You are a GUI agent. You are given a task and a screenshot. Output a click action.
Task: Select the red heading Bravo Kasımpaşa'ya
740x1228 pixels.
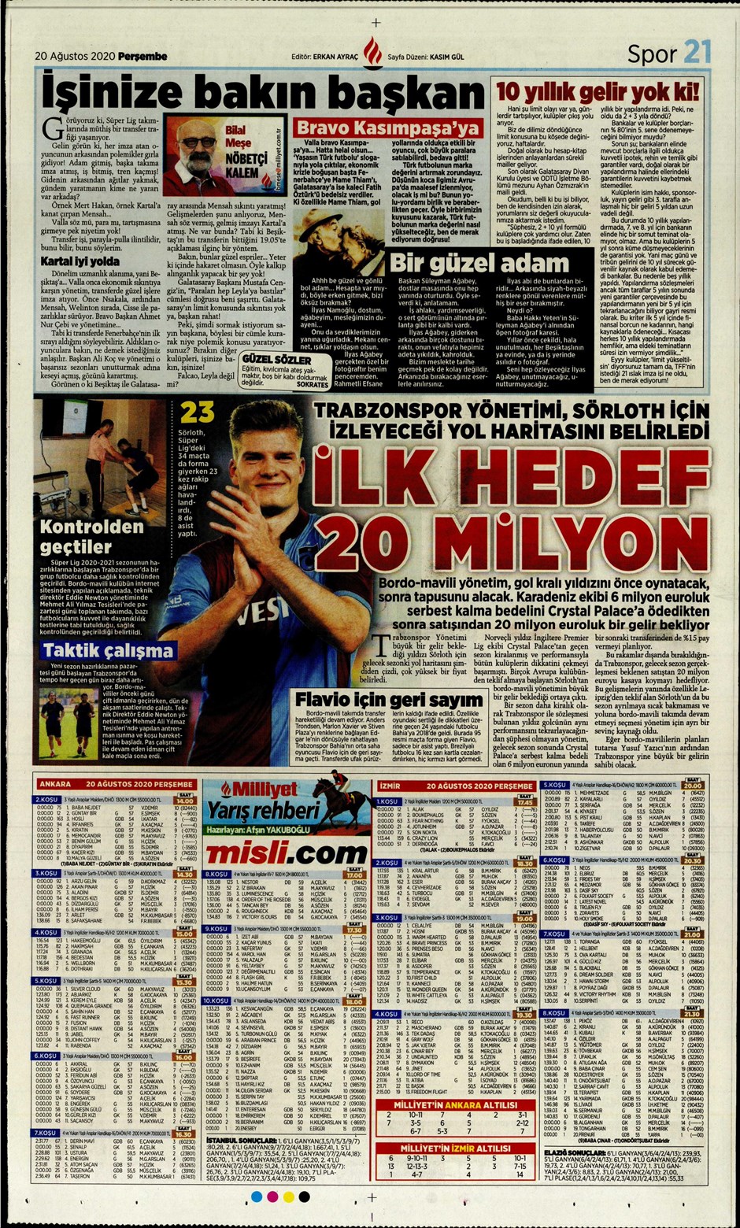tap(387, 128)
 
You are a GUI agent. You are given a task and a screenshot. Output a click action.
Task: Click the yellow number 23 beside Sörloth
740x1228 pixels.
tap(197, 412)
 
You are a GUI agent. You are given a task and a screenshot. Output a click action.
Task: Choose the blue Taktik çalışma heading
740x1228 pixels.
tap(98, 650)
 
